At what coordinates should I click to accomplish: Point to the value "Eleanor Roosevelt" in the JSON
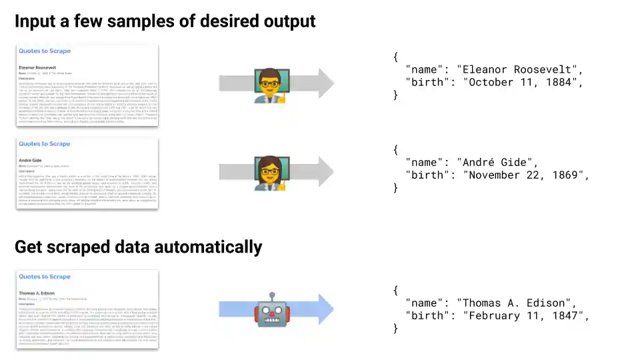pos(519,69)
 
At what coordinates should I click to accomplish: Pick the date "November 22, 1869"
pos(527,175)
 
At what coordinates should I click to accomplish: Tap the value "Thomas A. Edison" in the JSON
pos(517,303)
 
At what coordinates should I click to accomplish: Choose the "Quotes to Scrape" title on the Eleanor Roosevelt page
pos(44,51)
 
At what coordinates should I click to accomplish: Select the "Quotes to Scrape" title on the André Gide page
pos(44,144)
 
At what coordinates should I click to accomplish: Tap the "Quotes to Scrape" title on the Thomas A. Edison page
pos(44,277)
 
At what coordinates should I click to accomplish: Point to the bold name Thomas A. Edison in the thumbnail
pos(37,293)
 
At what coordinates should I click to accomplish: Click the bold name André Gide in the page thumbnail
pos(31,161)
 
